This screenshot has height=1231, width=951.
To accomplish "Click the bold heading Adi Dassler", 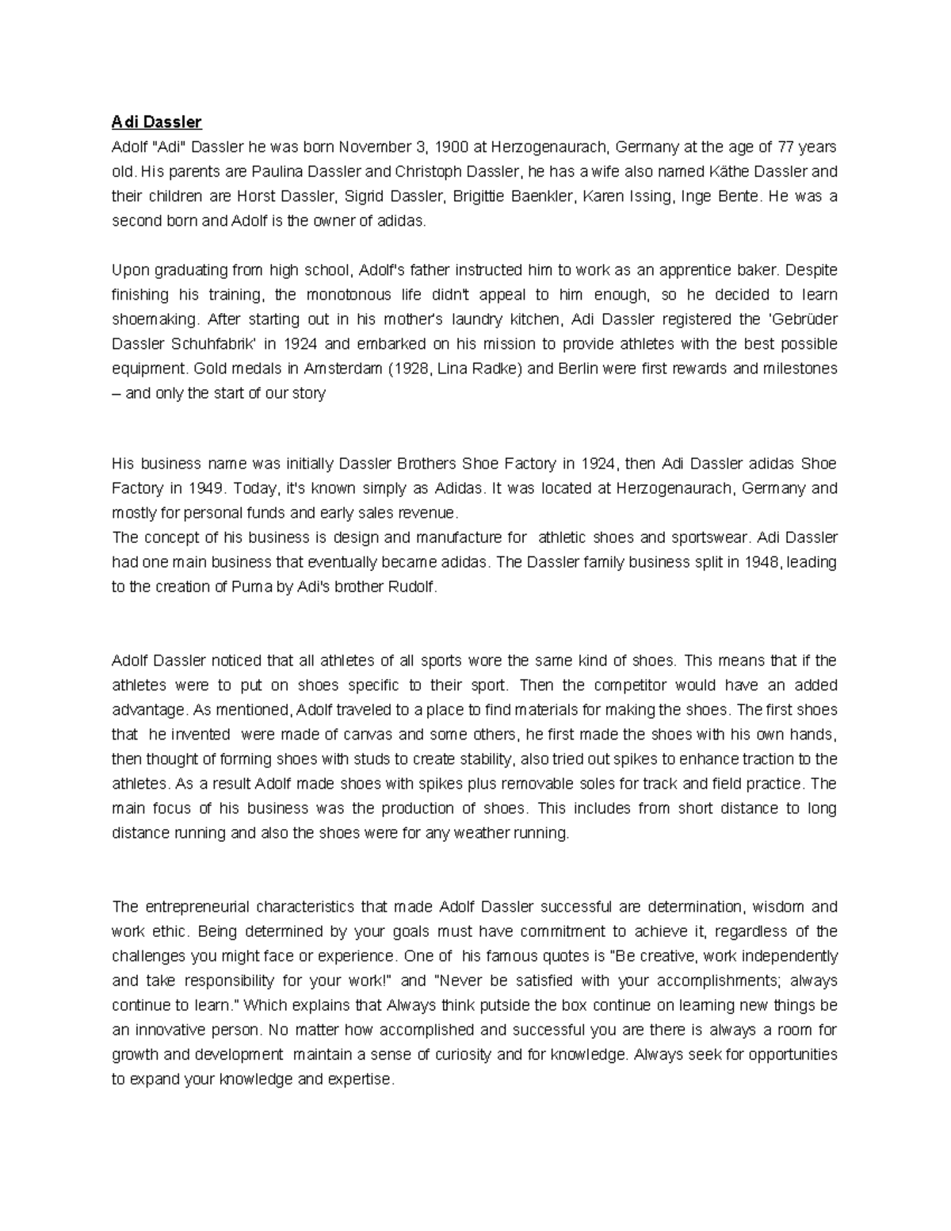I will click(x=157, y=122).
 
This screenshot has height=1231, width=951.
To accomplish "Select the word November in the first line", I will click(x=374, y=147).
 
